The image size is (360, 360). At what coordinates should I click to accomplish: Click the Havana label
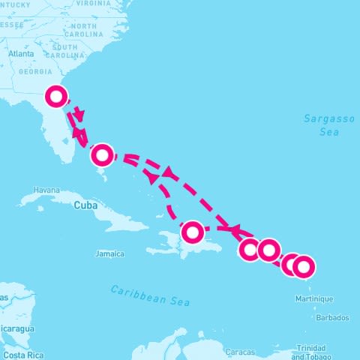click(46, 190)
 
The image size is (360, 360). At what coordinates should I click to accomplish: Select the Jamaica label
click(109, 253)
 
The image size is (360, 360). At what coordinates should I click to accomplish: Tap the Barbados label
click(331, 317)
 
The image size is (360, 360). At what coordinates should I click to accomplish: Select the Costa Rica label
click(22, 354)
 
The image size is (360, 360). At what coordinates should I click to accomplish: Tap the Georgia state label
click(35, 72)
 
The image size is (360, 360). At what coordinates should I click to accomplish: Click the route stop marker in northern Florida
click(57, 96)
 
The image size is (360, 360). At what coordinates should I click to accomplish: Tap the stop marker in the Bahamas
click(102, 154)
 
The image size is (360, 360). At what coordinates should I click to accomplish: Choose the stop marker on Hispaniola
click(193, 232)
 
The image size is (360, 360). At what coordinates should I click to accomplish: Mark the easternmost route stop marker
click(303, 266)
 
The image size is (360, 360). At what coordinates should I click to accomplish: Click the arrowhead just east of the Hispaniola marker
click(234, 229)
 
